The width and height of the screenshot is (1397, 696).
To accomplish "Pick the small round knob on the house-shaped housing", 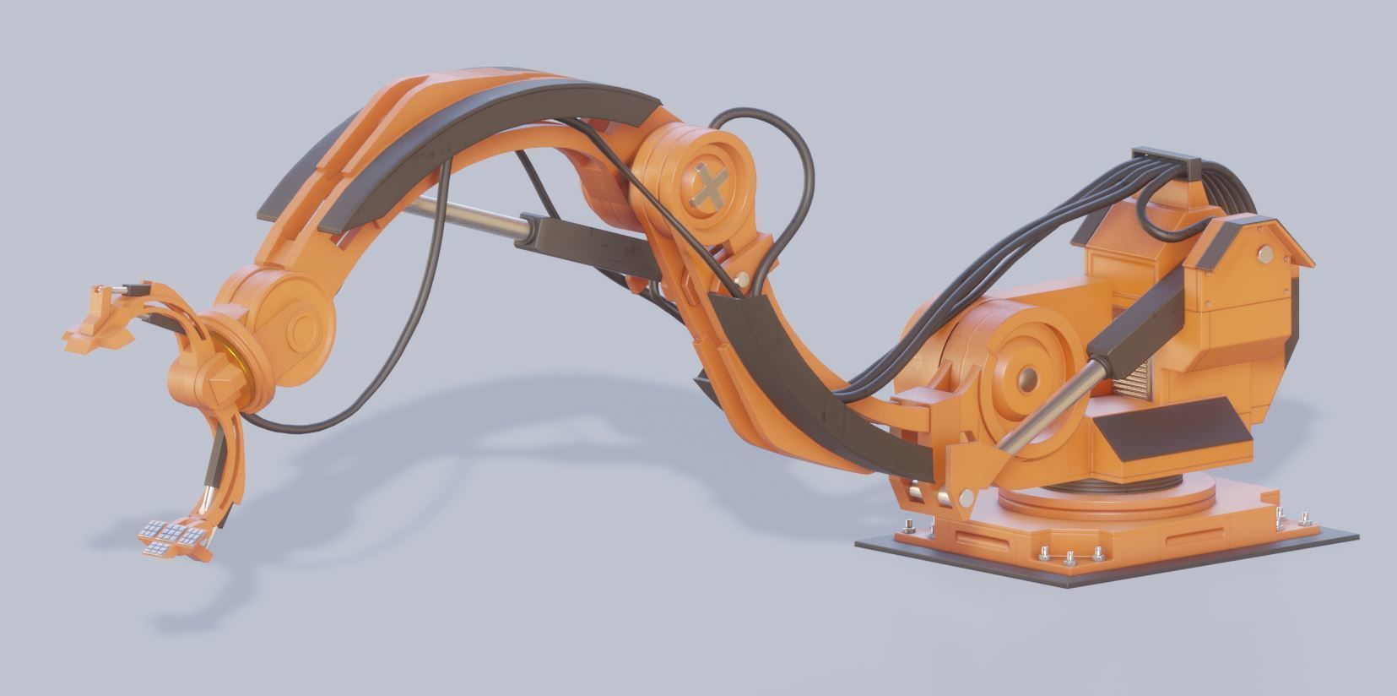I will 1264,253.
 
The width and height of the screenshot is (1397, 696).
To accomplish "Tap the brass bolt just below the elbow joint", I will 744,278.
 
